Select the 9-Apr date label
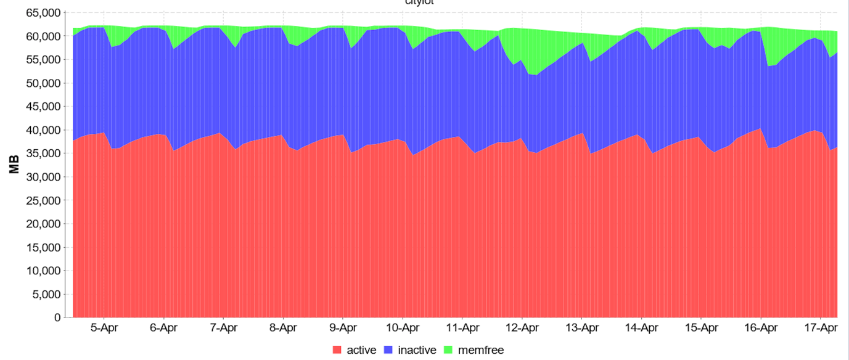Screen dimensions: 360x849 click(x=343, y=328)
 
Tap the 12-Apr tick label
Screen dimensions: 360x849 click(x=522, y=328)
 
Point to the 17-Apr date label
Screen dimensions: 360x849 click(x=821, y=328)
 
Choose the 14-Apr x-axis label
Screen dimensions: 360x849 click(x=641, y=328)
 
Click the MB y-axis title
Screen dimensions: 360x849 click(x=15, y=165)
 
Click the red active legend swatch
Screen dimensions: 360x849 click(x=337, y=350)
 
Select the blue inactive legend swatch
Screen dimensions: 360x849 click(x=388, y=350)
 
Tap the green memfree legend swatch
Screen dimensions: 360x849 click(x=448, y=350)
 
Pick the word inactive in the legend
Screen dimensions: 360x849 click(x=417, y=350)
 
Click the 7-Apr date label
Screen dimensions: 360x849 click(x=223, y=328)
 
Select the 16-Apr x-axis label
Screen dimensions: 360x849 click(x=761, y=328)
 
